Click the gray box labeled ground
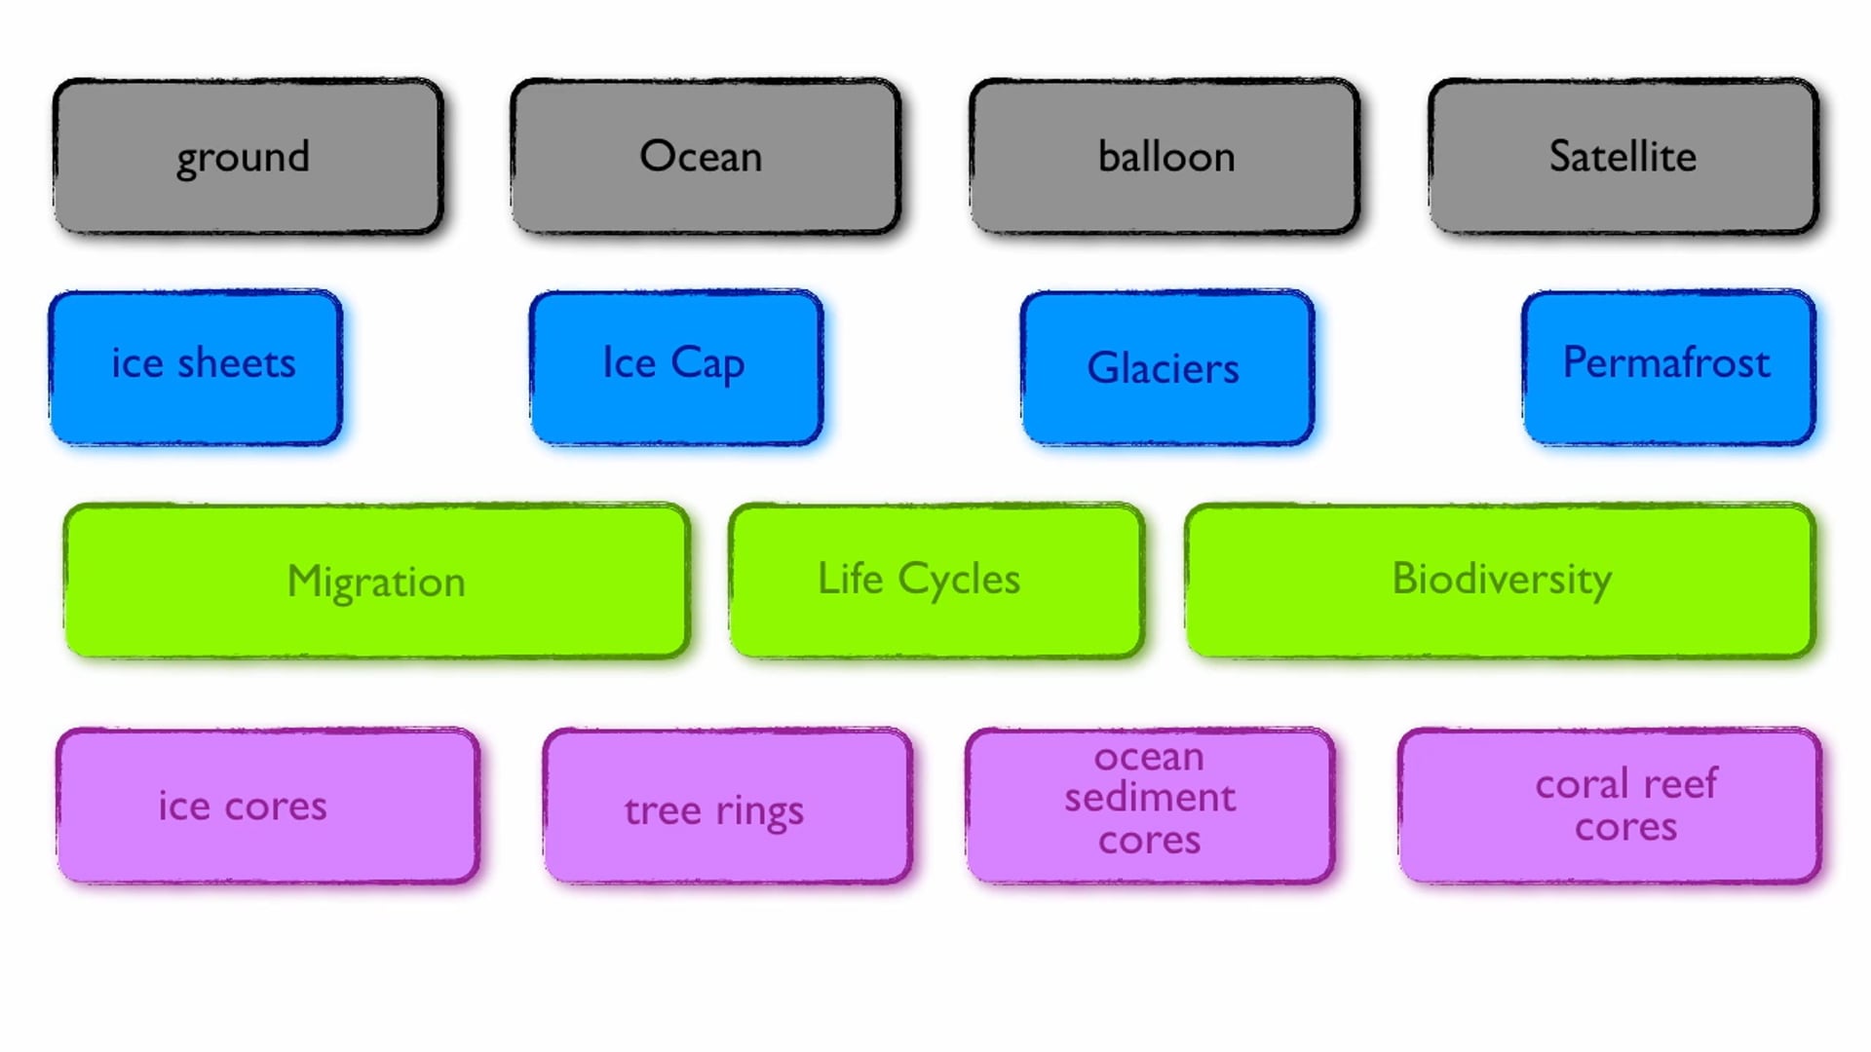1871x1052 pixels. point(248,157)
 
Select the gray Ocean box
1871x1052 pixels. point(705,157)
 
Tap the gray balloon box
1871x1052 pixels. point(1165,157)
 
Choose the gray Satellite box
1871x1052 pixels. point(1623,157)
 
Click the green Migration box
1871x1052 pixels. point(376,582)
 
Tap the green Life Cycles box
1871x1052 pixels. point(935,582)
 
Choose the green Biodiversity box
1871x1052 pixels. point(1500,582)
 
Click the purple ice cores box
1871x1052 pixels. point(268,807)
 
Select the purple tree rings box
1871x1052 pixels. point(728,807)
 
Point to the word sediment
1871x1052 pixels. point(1150,798)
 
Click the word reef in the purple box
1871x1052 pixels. point(1680,783)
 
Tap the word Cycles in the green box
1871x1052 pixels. point(959,580)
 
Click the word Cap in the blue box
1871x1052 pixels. point(707,364)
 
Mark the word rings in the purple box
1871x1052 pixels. point(759,811)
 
